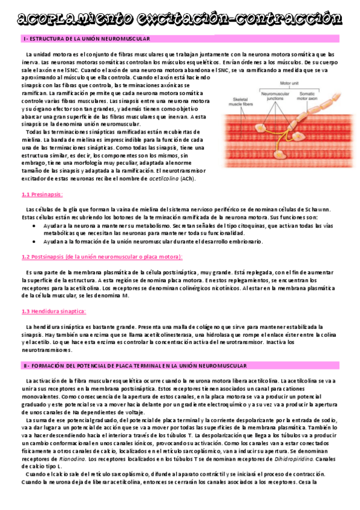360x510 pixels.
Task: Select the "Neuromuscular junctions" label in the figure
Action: [276, 97]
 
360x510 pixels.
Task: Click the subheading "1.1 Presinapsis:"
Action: [42, 194]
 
